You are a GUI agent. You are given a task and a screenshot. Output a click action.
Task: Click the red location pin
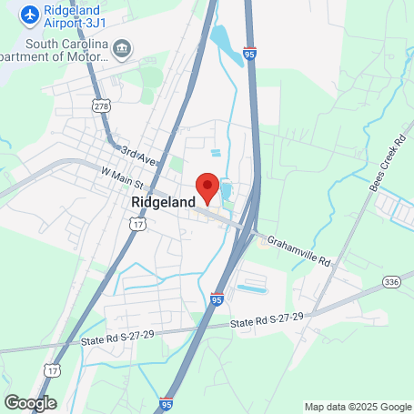tap(207, 186)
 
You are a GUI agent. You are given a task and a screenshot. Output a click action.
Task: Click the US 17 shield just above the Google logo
tap(51, 371)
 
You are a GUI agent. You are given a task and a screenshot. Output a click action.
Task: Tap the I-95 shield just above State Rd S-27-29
tap(217, 298)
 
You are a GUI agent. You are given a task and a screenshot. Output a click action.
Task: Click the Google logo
tap(30, 402)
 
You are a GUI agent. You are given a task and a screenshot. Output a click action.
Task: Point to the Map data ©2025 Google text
tap(358, 407)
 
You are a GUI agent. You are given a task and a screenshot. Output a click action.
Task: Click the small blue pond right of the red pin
tap(225, 191)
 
